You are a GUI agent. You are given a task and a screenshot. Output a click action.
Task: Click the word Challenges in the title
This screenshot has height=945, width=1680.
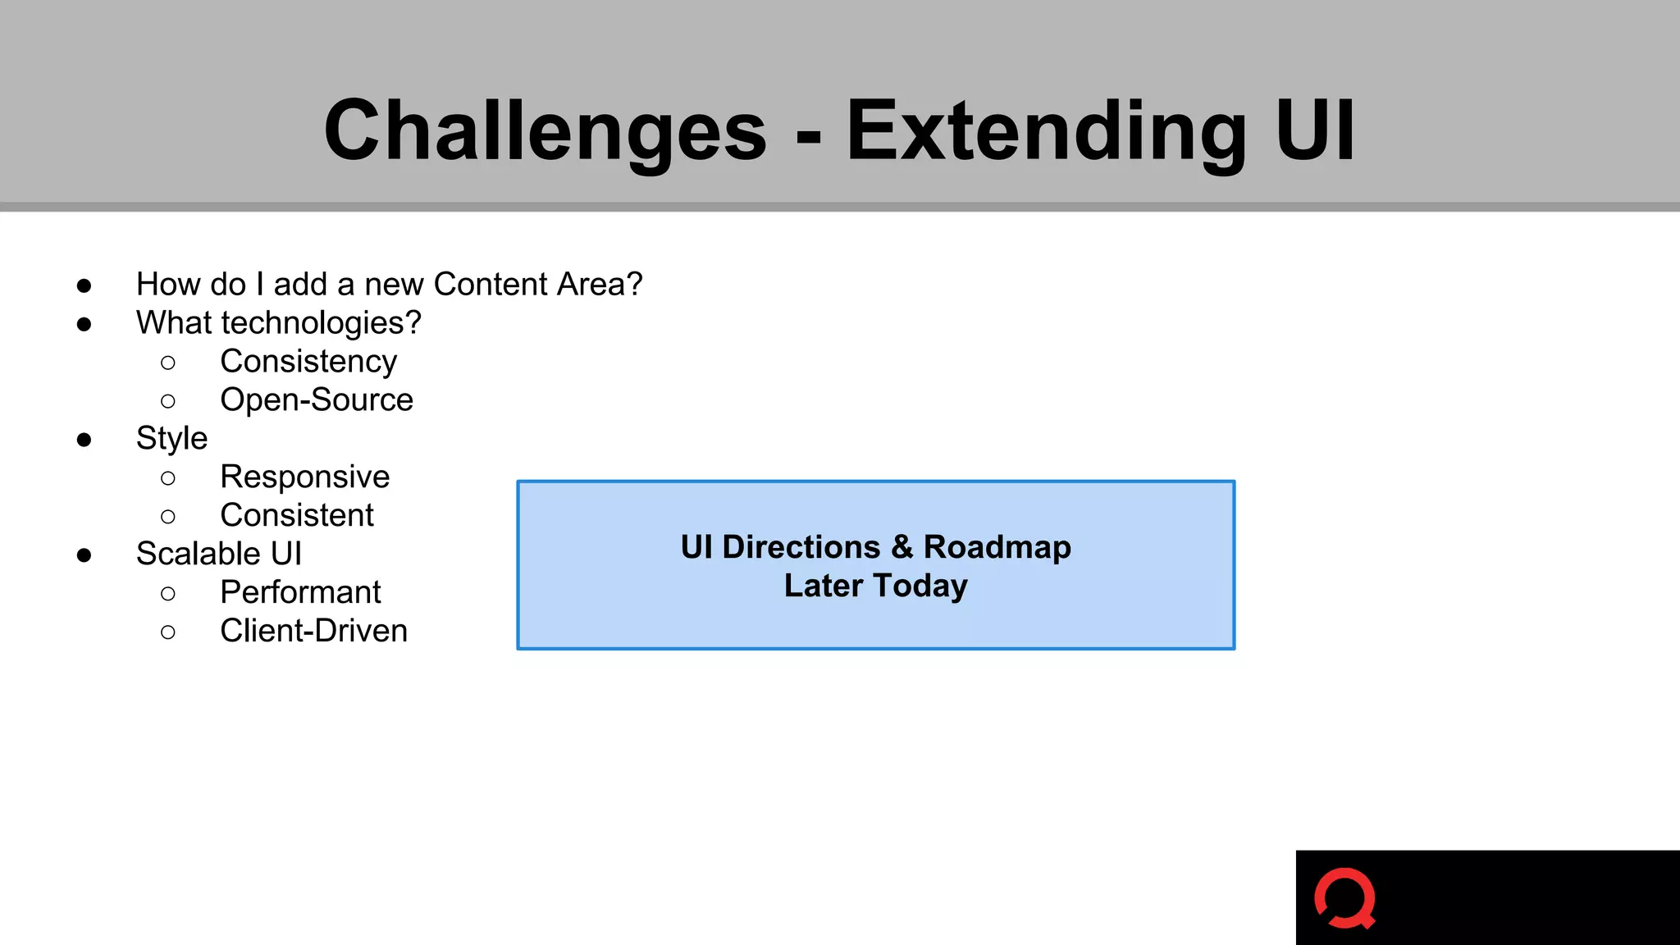pos(546,131)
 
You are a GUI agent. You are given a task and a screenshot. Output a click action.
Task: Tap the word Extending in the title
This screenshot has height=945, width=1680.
pos(1046,131)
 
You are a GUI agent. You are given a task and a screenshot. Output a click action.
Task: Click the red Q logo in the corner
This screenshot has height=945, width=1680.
pos(1344,898)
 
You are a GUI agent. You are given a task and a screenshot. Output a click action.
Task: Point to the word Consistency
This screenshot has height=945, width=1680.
pos(308,362)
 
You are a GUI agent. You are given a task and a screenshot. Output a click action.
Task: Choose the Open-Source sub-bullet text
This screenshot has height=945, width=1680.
pos(317,400)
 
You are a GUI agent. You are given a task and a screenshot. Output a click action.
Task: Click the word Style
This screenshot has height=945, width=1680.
pos(171,439)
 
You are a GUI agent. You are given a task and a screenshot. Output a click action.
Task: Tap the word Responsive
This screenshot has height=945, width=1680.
pos(304,477)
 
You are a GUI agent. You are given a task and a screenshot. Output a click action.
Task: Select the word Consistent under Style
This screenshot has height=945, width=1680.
pos(297,516)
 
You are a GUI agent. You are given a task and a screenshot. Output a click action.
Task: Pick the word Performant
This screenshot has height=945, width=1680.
pos(300,592)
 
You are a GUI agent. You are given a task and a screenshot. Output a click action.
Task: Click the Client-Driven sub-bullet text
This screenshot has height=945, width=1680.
pos(313,631)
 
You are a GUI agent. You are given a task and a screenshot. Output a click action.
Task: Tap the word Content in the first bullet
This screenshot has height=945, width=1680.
pos(491,285)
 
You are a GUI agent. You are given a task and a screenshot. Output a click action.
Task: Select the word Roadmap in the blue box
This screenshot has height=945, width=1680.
pos(997,547)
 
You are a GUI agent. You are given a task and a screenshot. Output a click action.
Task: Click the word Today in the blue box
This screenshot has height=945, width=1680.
pos(920,586)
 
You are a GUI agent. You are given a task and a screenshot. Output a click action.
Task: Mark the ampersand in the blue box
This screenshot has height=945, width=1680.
pos(902,547)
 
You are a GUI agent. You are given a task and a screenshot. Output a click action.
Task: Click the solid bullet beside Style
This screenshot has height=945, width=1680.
pos(84,440)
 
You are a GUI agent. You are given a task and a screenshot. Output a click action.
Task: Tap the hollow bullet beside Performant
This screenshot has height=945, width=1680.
pos(168,593)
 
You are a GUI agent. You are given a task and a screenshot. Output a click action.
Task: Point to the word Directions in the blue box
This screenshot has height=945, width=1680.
pos(801,547)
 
